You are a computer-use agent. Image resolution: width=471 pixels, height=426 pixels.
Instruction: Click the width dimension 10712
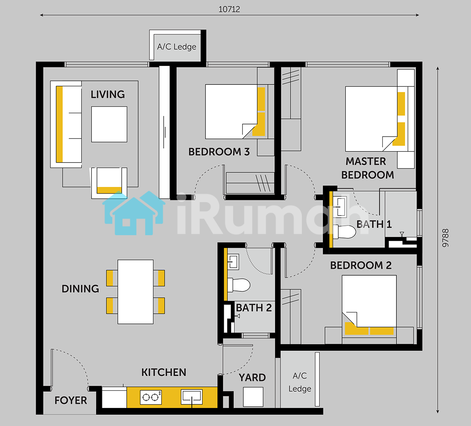[x=229, y=9]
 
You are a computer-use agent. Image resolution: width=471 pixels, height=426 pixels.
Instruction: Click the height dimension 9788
[x=445, y=238]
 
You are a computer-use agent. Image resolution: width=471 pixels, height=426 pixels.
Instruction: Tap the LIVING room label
[x=108, y=95]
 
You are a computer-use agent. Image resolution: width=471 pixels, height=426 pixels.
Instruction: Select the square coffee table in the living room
[x=109, y=124]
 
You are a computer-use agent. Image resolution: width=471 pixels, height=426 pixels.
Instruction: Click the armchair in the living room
[x=109, y=183]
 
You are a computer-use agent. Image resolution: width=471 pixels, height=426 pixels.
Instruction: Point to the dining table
[x=135, y=292]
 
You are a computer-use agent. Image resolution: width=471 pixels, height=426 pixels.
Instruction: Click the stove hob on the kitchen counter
[x=151, y=397]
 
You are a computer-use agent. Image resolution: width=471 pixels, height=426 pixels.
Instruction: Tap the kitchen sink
[x=192, y=397]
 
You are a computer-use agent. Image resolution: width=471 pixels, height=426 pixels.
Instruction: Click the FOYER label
[x=71, y=400]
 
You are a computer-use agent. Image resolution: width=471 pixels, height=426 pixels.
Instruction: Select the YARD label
[x=252, y=378]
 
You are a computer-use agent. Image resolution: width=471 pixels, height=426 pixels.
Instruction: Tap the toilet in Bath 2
[x=239, y=285]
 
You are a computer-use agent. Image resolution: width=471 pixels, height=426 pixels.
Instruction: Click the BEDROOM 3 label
[x=219, y=152]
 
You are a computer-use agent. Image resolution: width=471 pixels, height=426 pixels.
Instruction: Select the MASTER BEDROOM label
[x=367, y=168]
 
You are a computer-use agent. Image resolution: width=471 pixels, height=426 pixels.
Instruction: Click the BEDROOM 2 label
[x=361, y=265]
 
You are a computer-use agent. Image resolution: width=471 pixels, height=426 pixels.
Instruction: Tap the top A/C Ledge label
[x=177, y=47]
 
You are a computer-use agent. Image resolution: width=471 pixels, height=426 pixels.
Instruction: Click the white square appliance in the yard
[x=253, y=397]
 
